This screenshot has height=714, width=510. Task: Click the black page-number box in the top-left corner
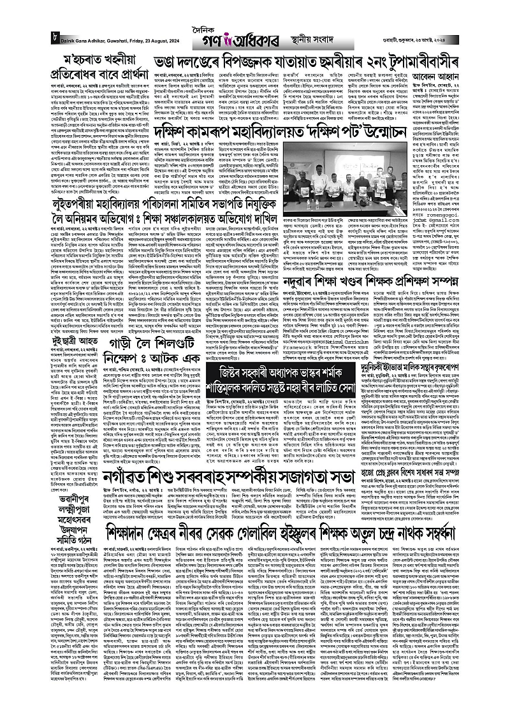coord(55,41)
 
